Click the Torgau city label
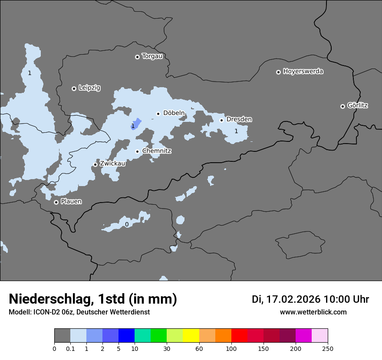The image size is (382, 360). [x=152, y=56]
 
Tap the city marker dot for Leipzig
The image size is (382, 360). [x=74, y=88]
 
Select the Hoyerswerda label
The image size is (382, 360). [x=303, y=72]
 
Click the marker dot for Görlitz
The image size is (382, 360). [x=342, y=106]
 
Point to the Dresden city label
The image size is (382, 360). [x=239, y=119]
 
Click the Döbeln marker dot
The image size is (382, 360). [x=158, y=114]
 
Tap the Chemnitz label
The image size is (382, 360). [x=157, y=151]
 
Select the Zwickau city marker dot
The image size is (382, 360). [x=95, y=164]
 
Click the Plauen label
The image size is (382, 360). [x=71, y=202]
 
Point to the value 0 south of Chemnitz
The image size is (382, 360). [x=127, y=225]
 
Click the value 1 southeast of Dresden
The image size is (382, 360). [x=236, y=131]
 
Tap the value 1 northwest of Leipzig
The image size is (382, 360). [x=30, y=73]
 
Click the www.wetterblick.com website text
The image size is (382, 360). [x=313, y=312]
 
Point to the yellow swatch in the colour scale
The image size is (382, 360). [x=191, y=336]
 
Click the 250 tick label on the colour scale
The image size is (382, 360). [x=327, y=348]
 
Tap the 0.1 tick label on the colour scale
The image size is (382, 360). [x=70, y=348]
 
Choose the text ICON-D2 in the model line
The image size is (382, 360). [x=45, y=312]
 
